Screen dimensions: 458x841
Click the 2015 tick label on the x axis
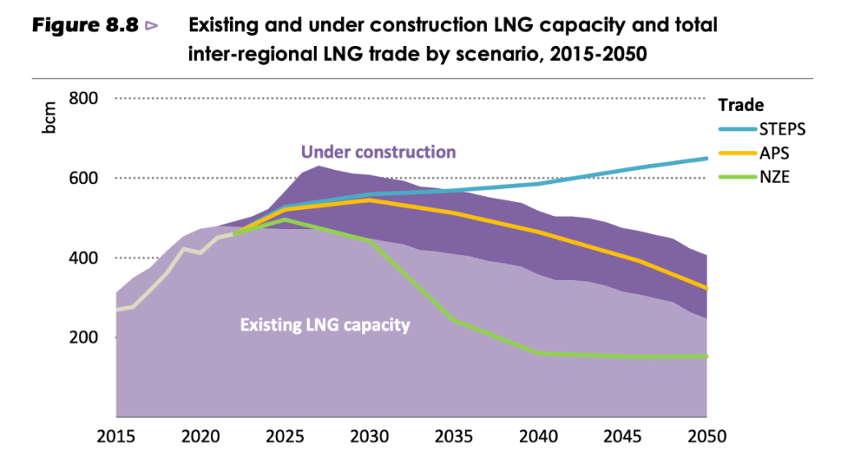[x=115, y=435]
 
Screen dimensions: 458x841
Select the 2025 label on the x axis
[x=284, y=435]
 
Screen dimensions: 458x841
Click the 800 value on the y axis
[x=83, y=98]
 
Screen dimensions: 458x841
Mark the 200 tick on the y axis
[x=83, y=337]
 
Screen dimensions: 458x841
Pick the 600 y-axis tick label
[x=83, y=178]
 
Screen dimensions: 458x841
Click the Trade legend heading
[x=741, y=105]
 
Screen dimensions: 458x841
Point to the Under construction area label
[x=378, y=152]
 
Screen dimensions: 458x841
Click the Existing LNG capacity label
[x=324, y=325]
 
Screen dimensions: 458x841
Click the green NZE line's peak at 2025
[x=284, y=219]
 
